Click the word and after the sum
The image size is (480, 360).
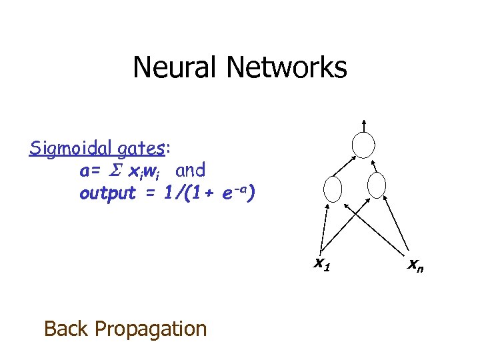191,171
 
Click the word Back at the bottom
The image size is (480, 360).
67,328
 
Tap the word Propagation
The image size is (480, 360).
151,329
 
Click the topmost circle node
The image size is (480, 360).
365,145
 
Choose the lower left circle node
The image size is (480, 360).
332,189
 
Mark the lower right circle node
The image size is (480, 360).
377,186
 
